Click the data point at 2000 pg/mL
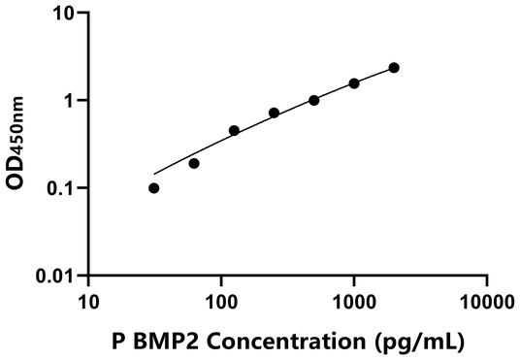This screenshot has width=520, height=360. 394,68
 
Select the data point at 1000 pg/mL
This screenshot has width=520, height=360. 354,83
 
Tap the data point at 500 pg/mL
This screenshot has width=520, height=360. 314,100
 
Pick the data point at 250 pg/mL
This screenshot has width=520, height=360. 275,113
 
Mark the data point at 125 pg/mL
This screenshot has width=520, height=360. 234,130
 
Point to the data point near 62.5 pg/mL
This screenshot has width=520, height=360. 194,163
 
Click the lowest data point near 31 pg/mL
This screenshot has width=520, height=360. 154,188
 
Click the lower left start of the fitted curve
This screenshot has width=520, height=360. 154,174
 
